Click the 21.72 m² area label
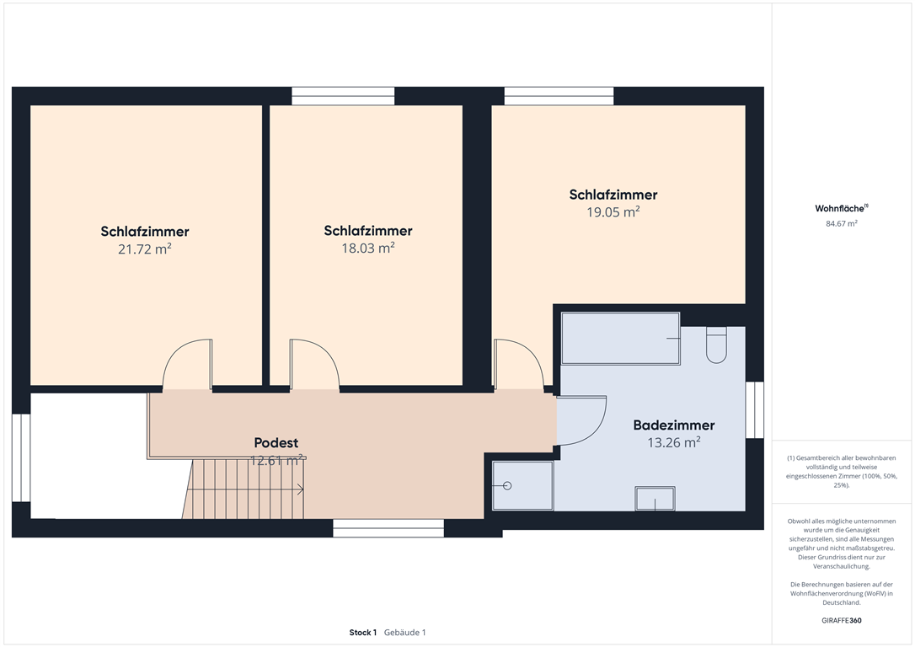145,249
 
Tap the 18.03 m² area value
368,248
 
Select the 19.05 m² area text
613,211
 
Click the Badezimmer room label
674,425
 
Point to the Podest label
276,443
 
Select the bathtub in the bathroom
620,339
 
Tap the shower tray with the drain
522,485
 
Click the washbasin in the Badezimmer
655,499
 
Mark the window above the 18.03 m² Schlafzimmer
343,96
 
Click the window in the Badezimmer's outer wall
755,410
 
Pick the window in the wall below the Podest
388,528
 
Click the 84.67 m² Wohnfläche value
842,223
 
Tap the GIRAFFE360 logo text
842,620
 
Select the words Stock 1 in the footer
363,633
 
